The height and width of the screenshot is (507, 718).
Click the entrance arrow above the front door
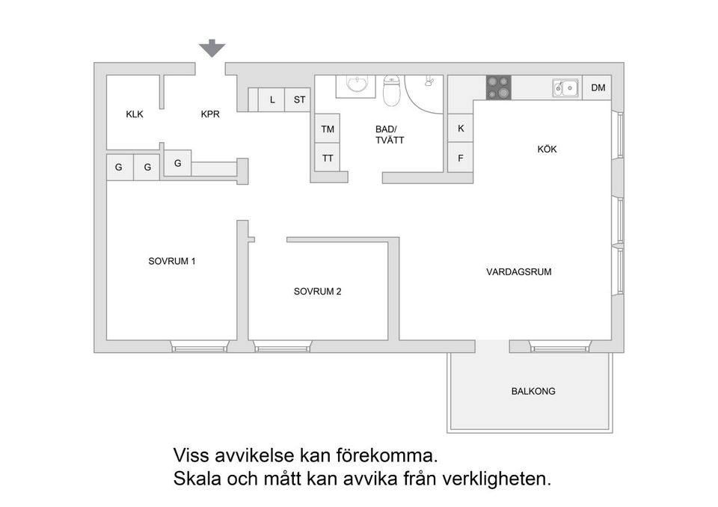[x=212, y=49]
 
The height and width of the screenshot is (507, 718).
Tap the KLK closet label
[x=135, y=114]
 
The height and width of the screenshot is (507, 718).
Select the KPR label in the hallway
[x=210, y=114]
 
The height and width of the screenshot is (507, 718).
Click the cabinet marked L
[x=272, y=99]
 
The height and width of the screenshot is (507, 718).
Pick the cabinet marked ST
[x=299, y=99]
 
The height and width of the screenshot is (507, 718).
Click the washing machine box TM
[x=328, y=129]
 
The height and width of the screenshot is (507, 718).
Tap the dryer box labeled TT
[x=328, y=158]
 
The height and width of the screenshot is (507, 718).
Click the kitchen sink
[x=565, y=88]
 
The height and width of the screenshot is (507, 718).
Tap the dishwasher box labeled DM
[x=598, y=88]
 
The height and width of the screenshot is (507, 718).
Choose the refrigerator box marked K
[x=461, y=129]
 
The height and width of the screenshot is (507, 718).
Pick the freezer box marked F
[x=461, y=158]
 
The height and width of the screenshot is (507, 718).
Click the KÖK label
[x=547, y=150]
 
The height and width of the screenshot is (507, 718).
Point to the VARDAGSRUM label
[x=518, y=272]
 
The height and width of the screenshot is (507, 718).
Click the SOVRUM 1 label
[x=172, y=262]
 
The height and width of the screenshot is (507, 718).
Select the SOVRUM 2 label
[x=317, y=292]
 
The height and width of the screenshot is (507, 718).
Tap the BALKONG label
[x=533, y=391]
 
